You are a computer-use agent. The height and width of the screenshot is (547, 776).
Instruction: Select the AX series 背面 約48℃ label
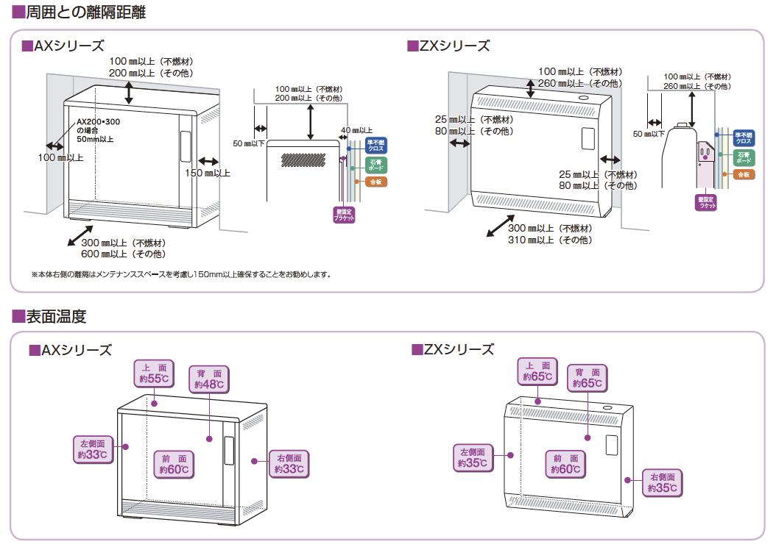click(209, 379)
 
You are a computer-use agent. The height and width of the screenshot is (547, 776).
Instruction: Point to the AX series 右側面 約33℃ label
click(289, 463)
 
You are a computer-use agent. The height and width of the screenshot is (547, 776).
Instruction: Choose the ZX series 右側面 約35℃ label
click(663, 482)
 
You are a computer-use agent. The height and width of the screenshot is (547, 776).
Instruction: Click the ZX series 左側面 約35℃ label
click(472, 457)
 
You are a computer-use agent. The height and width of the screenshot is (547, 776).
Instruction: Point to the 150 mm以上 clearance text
click(208, 174)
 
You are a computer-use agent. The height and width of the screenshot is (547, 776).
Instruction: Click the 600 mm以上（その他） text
click(123, 254)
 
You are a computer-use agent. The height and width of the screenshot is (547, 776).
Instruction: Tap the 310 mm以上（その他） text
click(549, 240)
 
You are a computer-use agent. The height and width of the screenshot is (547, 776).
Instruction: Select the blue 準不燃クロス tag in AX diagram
click(375, 145)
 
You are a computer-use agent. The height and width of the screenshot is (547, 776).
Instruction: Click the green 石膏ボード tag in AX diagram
click(375, 165)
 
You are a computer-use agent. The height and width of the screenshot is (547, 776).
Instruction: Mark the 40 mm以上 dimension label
click(357, 129)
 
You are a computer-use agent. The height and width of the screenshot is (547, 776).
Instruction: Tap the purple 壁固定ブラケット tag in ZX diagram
click(705, 202)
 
